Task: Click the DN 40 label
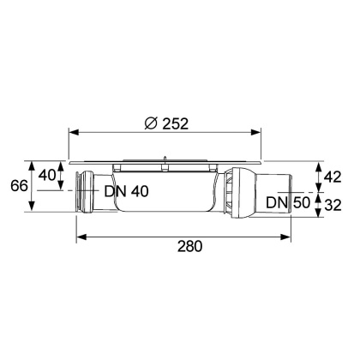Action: pyautogui.click(x=127, y=191)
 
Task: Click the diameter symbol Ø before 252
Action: pyautogui.click(x=151, y=122)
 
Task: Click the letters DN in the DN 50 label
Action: pyautogui.click(x=274, y=202)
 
